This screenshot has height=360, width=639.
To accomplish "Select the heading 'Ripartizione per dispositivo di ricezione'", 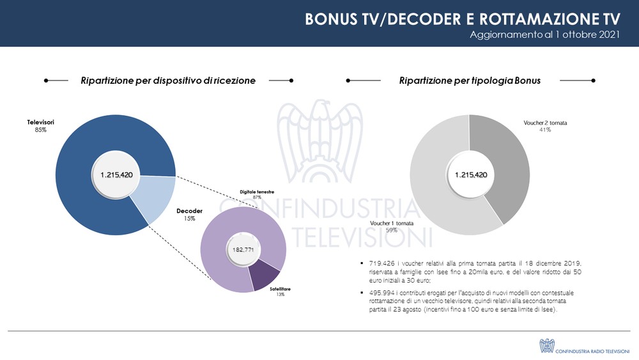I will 168,81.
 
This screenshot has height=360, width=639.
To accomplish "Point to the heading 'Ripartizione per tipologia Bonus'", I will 470,81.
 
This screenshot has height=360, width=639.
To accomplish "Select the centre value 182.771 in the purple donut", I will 243,249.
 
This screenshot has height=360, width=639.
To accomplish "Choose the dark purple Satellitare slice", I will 263,274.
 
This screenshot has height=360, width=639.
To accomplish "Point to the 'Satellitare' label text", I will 275,289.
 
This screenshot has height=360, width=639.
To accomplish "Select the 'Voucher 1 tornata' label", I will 392,223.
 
